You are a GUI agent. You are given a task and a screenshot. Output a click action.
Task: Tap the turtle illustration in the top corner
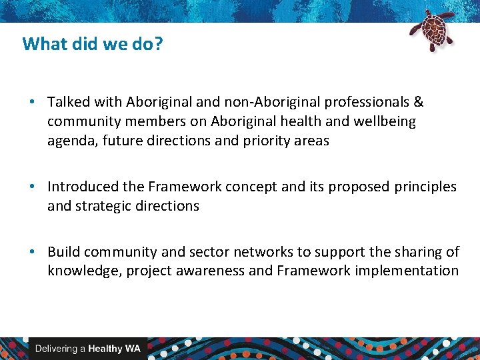click(432, 30)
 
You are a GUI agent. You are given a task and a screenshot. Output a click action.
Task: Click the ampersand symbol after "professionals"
click(418, 102)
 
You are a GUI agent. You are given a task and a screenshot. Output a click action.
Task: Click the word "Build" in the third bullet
click(64, 251)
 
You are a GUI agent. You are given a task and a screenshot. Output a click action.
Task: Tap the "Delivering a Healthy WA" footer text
click(87, 349)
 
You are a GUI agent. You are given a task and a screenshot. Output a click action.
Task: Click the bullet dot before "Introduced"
click(32, 187)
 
